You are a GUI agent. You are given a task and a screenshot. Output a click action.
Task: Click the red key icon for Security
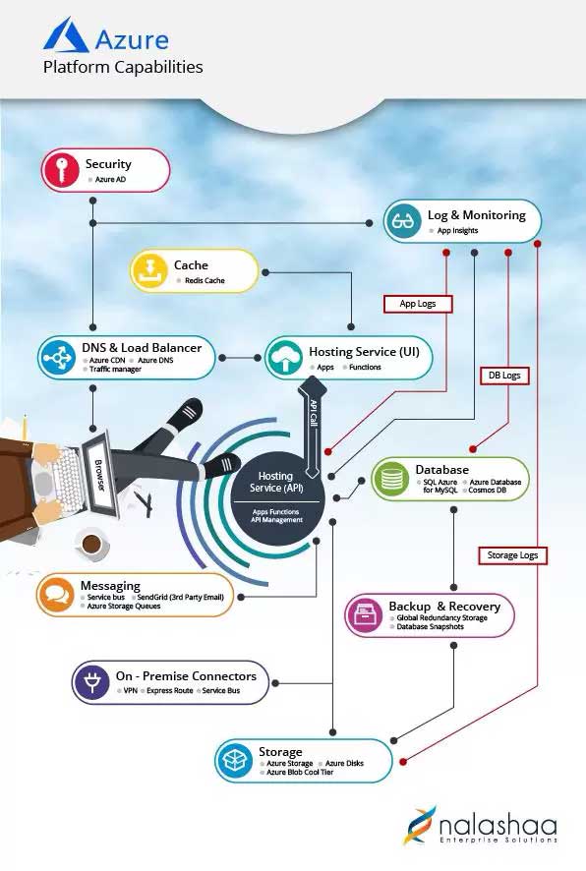click(62, 170)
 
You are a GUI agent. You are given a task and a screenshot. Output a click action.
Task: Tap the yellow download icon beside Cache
click(149, 270)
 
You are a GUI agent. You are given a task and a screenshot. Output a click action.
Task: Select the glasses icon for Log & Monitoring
click(403, 221)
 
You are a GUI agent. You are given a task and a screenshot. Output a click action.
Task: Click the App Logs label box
click(418, 304)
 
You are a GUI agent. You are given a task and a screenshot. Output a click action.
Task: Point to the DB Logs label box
click(504, 376)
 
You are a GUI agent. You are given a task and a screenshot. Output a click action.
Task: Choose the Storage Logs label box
click(512, 555)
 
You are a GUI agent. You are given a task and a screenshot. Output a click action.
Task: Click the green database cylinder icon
click(391, 479)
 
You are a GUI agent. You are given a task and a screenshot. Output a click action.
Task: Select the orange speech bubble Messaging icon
click(56, 595)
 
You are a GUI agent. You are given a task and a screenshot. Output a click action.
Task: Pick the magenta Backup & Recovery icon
click(365, 615)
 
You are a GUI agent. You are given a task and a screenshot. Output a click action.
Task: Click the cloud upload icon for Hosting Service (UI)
click(284, 358)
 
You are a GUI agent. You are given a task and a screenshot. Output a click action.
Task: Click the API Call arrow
click(313, 427)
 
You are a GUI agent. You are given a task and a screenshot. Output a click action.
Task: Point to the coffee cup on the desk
click(92, 545)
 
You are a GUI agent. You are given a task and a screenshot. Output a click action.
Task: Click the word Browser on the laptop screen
click(99, 475)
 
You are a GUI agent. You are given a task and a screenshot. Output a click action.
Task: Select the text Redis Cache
click(205, 280)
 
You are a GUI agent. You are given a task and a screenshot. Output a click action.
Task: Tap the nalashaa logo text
click(498, 825)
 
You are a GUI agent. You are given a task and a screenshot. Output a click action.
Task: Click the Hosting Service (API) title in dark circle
click(276, 482)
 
